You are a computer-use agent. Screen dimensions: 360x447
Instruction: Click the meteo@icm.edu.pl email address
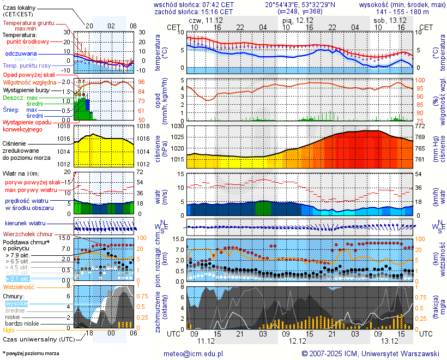(x=194, y=353)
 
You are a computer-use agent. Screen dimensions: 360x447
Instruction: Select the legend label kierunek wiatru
(x=25, y=224)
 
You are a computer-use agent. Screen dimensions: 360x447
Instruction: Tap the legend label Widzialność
(x=19, y=286)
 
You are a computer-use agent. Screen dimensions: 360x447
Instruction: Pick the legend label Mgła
(x=9, y=330)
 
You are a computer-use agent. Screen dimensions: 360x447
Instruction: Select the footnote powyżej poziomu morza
(x=31, y=353)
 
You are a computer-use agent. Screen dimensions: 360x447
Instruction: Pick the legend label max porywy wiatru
(x=31, y=190)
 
